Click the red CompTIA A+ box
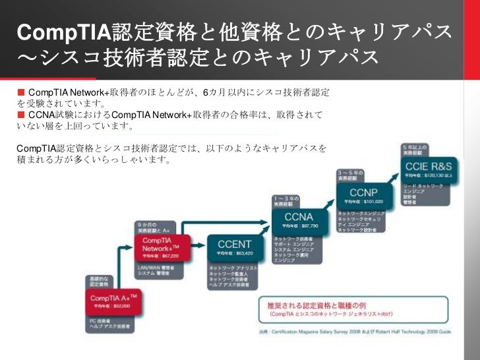(113, 301)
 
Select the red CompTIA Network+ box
(162, 249)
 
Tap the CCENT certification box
(235, 248)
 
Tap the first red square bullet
(20, 91)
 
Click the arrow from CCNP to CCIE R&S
(395, 177)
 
